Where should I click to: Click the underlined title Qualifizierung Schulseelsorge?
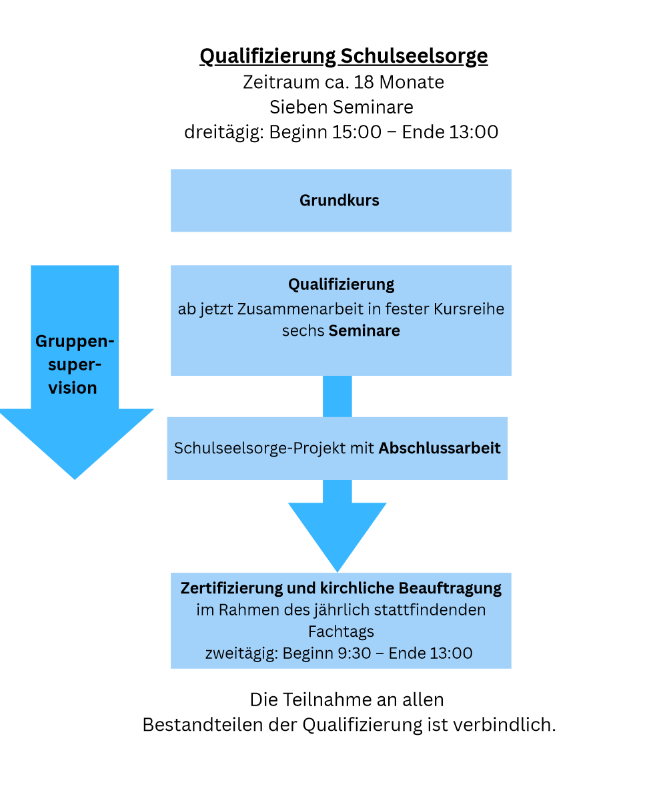[x=344, y=56]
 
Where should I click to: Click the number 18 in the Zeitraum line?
[x=365, y=82]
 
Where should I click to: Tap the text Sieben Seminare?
[x=341, y=107]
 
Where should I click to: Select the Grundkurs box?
[x=340, y=200]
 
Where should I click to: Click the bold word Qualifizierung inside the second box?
[x=341, y=284]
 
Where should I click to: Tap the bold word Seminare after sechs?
[x=364, y=330]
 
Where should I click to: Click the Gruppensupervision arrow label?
[x=74, y=364]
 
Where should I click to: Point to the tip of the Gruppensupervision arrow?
[x=75, y=475]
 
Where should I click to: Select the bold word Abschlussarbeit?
[x=440, y=448]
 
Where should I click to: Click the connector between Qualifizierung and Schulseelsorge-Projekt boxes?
[x=338, y=396]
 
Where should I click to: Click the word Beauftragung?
[x=450, y=589]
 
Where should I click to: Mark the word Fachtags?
[x=341, y=631]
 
